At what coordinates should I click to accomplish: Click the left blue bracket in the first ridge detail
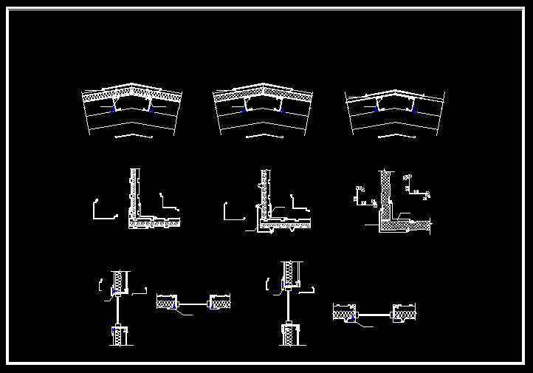pyautogui.click(x=113, y=108)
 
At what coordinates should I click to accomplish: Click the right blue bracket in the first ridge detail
pyautogui.click(x=151, y=108)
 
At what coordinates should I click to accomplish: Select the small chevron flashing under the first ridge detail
pyautogui.click(x=134, y=136)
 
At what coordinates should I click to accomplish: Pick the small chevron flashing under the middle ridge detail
pyautogui.click(x=265, y=136)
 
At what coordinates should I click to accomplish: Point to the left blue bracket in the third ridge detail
pyautogui.click(x=377, y=108)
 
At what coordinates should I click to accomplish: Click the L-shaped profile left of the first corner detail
pyautogui.click(x=103, y=211)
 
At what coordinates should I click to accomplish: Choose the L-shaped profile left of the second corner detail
pyautogui.click(x=233, y=211)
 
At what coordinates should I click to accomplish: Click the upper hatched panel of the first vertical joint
pyautogui.click(x=118, y=281)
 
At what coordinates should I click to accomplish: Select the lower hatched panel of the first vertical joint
pyautogui.click(x=118, y=335)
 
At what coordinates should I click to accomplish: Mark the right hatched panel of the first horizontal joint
pyautogui.click(x=221, y=302)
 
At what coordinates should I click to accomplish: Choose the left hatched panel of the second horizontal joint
pyautogui.click(x=343, y=315)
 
